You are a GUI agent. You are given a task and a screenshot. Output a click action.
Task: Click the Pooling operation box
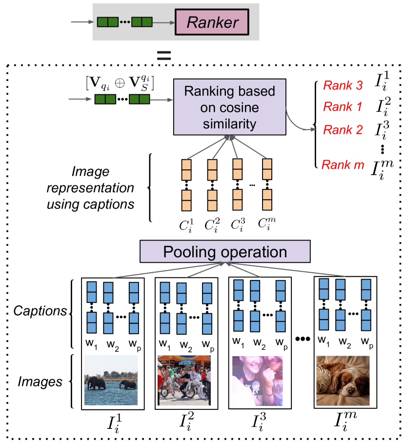coord(225,252)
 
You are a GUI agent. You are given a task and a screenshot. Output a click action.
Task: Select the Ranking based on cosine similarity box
coord(229,107)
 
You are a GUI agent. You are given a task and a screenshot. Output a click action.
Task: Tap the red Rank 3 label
coord(343,86)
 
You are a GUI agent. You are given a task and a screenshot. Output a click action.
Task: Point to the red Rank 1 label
coord(343,106)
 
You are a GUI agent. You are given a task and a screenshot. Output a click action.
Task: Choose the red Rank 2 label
coord(343,130)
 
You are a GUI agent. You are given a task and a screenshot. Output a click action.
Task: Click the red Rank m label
coord(343,165)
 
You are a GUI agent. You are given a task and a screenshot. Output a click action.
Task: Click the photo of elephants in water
coord(111,380)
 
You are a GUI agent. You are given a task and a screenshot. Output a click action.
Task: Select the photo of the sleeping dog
coord(343,380)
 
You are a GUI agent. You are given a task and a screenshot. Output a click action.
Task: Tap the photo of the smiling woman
coord(257,380)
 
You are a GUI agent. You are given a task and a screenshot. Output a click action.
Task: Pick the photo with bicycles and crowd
coord(184,380)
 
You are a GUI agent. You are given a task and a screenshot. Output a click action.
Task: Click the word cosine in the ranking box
coord(229,108)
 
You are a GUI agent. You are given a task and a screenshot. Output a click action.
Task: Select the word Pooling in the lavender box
coord(190,252)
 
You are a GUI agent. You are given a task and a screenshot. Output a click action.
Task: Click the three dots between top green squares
coord(125,22)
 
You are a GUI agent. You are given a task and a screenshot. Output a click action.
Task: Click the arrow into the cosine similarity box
coord(162,100)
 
